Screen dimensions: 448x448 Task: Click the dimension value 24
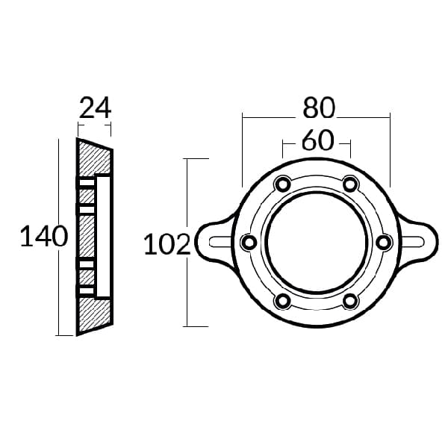(95, 108)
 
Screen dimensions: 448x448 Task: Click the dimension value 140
(44, 236)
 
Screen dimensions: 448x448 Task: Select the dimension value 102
(167, 244)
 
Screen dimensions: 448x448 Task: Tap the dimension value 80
(318, 108)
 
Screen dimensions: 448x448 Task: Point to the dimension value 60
(317, 140)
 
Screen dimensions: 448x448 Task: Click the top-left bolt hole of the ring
(282, 184)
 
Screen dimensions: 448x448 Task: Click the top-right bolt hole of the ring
(350, 184)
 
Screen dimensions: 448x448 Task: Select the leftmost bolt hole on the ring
(249, 243)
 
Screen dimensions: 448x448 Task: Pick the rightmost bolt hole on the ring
(384, 243)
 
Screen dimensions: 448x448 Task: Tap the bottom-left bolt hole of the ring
(282, 301)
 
